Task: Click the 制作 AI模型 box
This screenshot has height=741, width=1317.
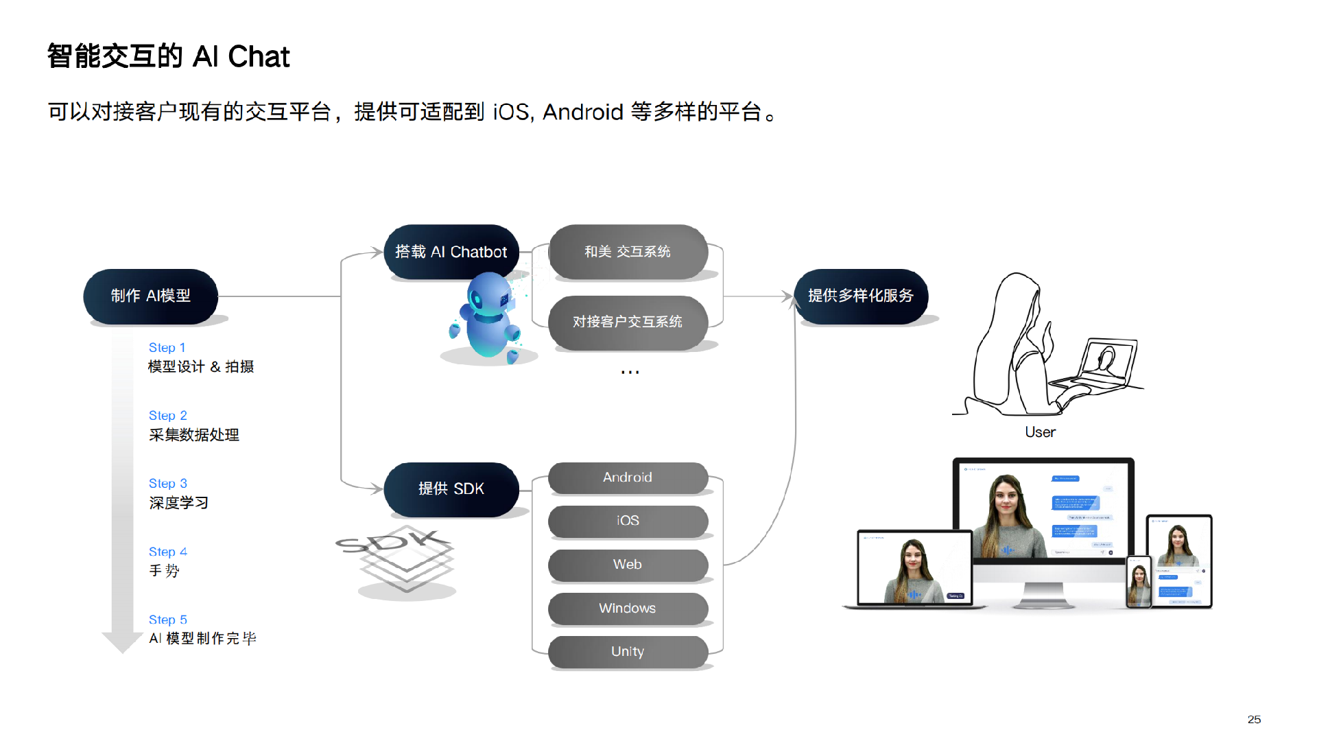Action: click(x=150, y=296)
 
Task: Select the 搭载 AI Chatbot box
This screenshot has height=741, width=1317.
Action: click(x=451, y=252)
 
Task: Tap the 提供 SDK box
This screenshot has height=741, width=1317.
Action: click(x=451, y=489)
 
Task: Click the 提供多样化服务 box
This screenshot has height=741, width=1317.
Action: click(x=860, y=296)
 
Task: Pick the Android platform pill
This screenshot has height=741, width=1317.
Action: click(x=628, y=478)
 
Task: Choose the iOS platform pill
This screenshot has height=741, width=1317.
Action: click(x=628, y=521)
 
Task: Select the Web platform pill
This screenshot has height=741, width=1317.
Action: click(x=628, y=565)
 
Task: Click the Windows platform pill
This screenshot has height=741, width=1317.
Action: click(x=628, y=608)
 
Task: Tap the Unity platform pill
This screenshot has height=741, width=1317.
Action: click(x=628, y=651)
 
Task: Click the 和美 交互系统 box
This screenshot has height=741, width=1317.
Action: click(x=628, y=252)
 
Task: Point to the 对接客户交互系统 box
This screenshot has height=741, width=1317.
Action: click(x=628, y=322)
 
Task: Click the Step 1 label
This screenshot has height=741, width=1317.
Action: click(x=167, y=348)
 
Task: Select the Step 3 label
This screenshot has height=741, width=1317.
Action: click(x=167, y=484)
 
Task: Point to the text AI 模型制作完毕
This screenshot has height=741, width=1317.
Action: click(x=202, y=639)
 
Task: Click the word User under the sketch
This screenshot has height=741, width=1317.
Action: click(x=1040, y=432)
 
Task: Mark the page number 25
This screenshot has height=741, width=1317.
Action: click(x=1254, y=719)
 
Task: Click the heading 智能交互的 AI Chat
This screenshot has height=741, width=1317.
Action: click(x=168, y=56)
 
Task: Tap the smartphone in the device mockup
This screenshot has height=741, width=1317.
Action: click(x=1139, y=582)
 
